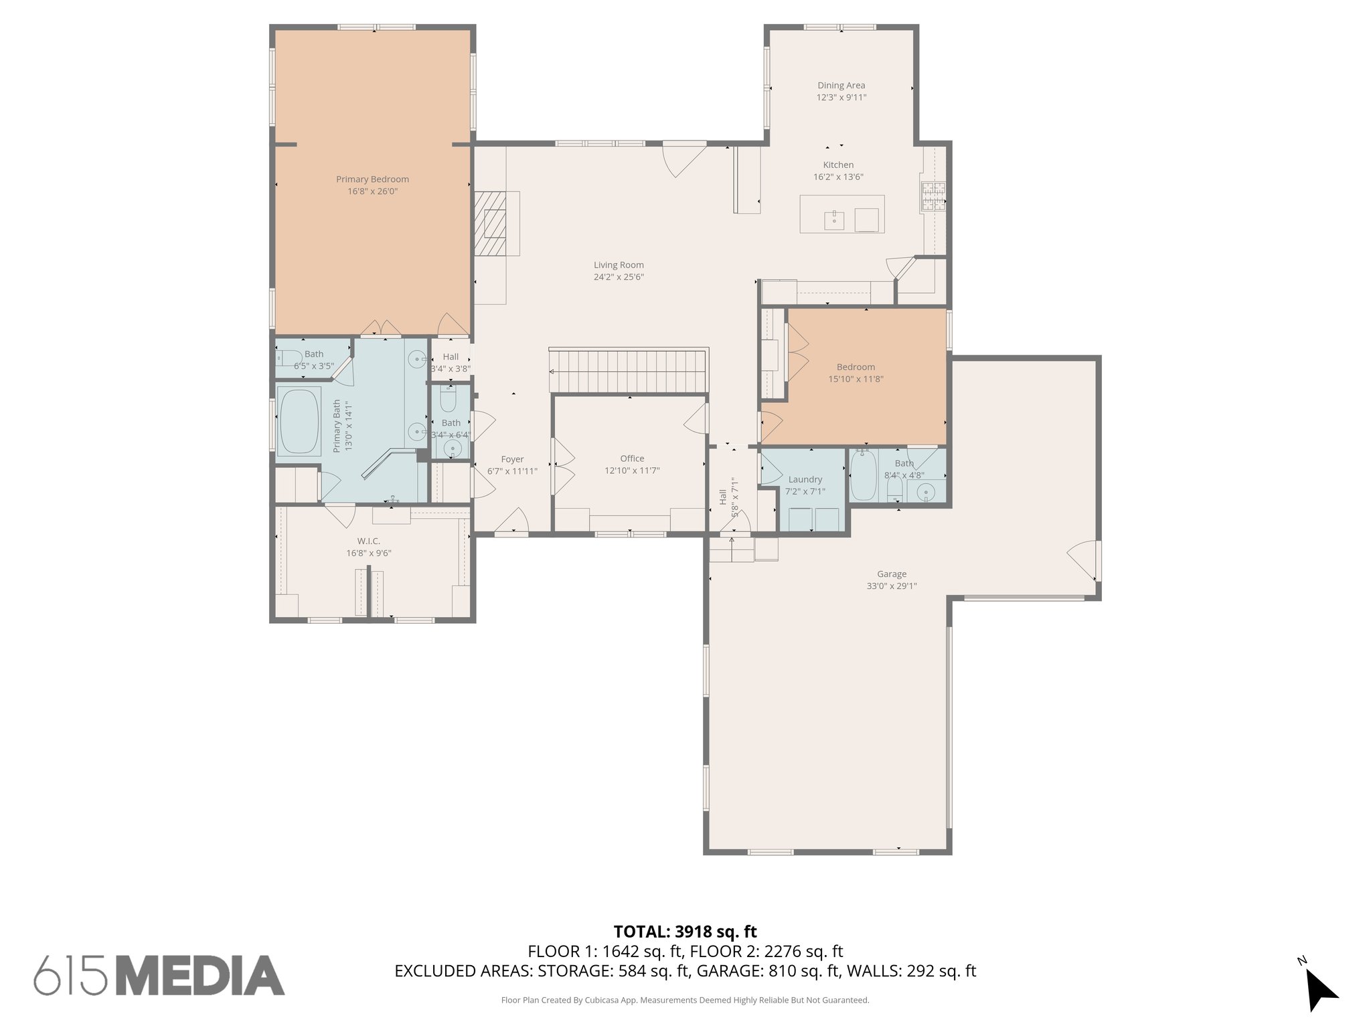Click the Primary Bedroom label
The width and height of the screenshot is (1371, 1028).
[372, 179]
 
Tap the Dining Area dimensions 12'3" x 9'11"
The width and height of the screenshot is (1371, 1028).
[841, 98]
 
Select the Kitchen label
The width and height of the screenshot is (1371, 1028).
[838, 165]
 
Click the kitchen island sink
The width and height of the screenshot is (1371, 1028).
[834, 219]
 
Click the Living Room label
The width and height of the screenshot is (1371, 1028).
[619, 265]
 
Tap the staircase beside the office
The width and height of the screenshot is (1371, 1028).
[629, 371]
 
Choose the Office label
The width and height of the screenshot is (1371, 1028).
[632, 458]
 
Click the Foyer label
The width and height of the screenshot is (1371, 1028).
[512, 459]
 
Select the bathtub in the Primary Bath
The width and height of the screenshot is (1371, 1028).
[299, 422]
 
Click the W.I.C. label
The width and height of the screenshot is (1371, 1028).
[368, 541]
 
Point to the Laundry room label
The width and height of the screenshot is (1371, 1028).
[805, 479]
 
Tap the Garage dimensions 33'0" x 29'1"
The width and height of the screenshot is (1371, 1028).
[892, 586]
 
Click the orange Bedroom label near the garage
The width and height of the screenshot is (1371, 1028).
[856, 367]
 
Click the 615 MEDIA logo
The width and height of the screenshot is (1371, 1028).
[159, 975]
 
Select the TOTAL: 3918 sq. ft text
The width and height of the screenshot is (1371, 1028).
[685, 932]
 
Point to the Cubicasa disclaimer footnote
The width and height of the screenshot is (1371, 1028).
[685, 1001]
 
